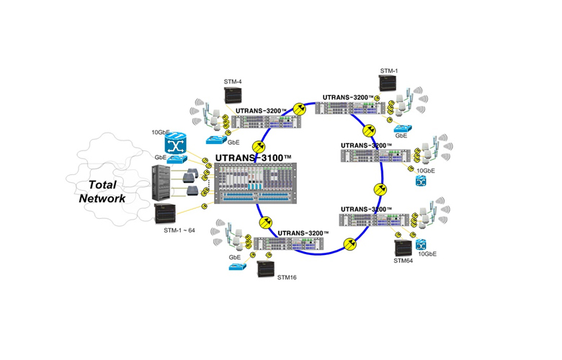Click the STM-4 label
pos(232,81)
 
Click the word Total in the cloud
pos(104,184)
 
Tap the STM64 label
pos(403,262)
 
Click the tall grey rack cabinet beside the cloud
pos(164,184)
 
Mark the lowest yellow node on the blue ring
pos(350,245)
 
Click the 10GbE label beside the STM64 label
pos(427,254)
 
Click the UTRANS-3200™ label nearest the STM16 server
pos(303,233)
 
